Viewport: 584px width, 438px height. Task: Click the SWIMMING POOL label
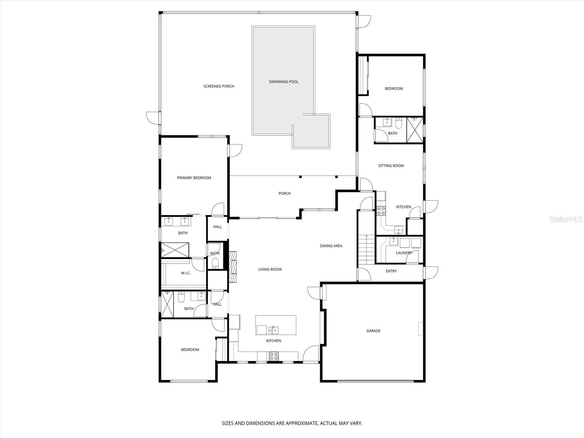tap(284, 82)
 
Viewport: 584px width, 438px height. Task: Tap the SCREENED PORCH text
tap(219, 86)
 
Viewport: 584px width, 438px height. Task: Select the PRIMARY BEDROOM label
tap(194, 178)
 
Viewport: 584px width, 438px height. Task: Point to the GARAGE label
tap(373, 331)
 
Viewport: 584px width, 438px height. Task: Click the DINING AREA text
tap(331, 246)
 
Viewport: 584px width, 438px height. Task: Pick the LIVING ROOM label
tap(270, 269)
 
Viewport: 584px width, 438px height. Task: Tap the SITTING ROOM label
tap(391, 166)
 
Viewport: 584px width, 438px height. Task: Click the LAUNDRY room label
tap(404, 253)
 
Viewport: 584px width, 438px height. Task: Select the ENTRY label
tap(391, 271)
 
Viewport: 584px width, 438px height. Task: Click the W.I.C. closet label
tap(185, 273)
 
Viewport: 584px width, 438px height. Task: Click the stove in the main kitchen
tap(274, 356)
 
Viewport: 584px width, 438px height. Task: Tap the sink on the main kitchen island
tap(273, 330)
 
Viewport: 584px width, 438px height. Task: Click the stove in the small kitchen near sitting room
tap(381, 210)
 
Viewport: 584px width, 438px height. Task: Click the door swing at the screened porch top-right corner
tap(364, 22)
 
